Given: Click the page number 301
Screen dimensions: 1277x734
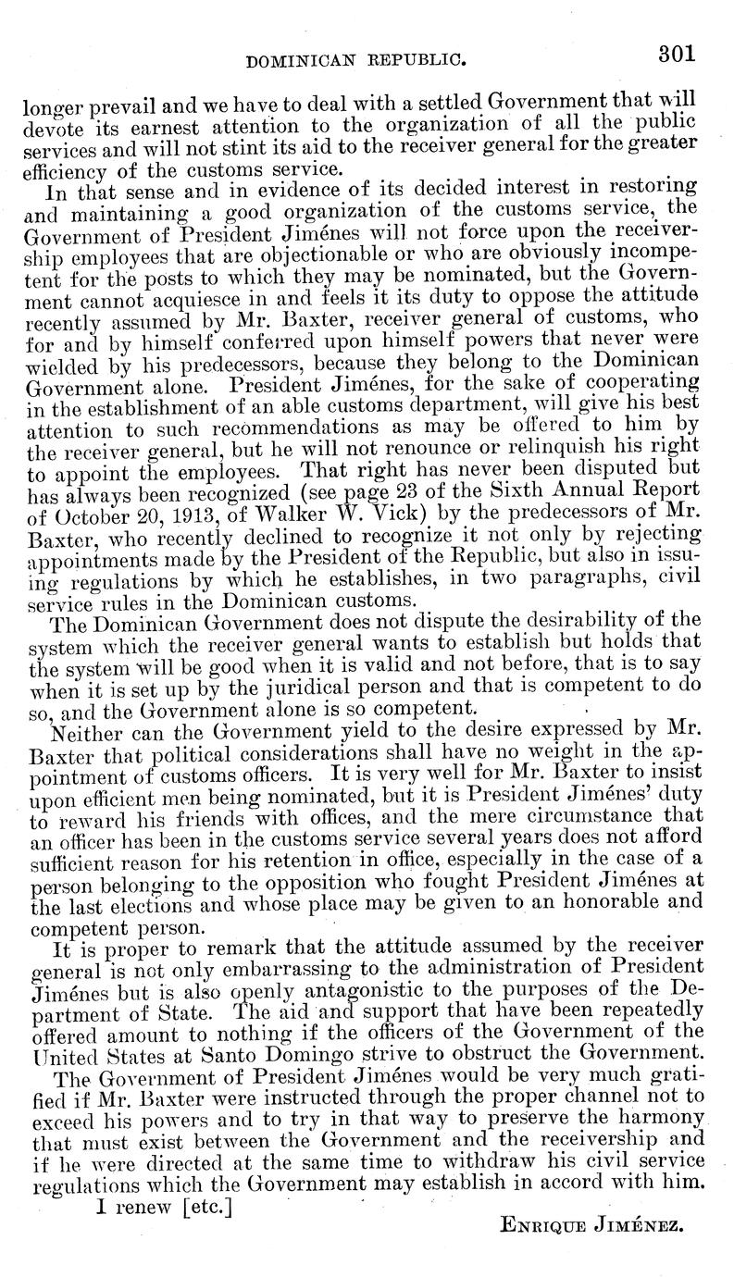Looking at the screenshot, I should pos(676,54).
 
